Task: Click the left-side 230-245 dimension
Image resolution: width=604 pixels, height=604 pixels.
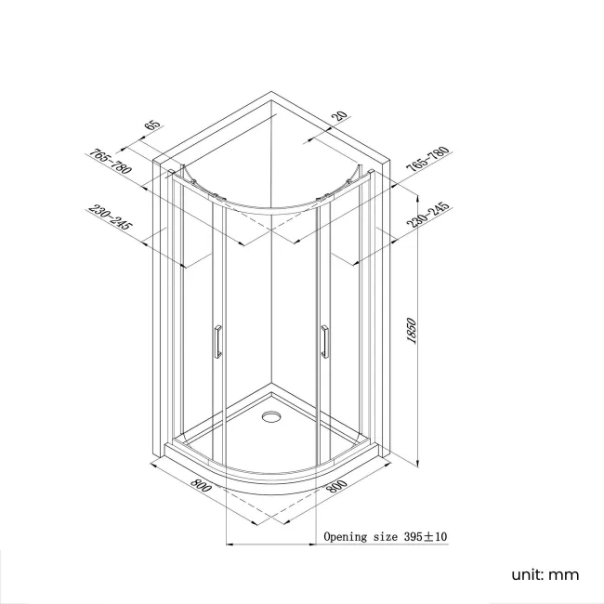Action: (111, 219)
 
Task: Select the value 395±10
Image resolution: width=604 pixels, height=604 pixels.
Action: (426, 537)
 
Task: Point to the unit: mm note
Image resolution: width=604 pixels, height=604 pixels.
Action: (544, 574)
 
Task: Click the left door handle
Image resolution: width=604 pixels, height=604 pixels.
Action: (217, 342)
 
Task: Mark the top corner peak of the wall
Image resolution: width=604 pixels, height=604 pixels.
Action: (270, 92)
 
